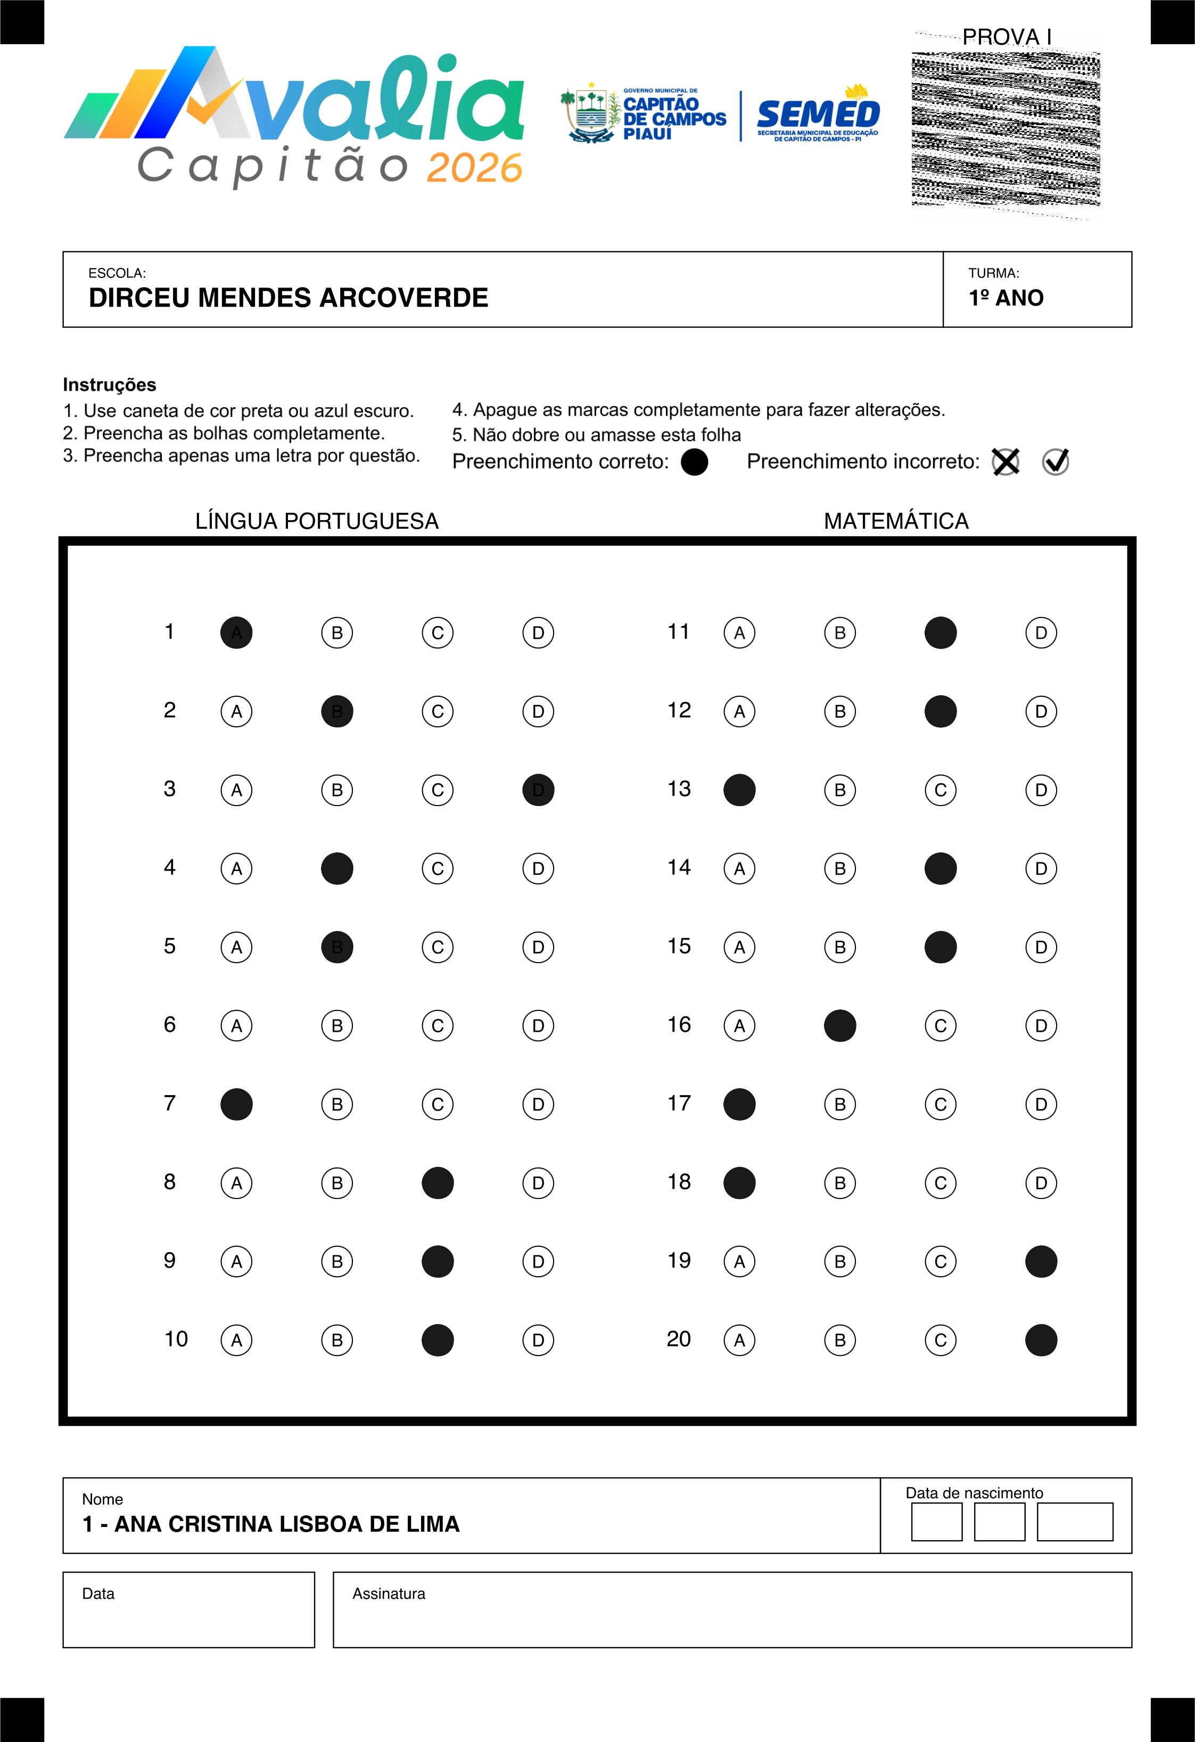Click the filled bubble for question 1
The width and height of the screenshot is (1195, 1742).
click(236, 632)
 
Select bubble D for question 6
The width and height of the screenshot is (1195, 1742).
click(538, 1025)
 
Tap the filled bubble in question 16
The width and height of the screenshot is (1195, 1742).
click(840, 1025)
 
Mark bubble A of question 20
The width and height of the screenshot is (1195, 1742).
click(739, 1340)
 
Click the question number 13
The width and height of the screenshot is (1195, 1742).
click(679, 790)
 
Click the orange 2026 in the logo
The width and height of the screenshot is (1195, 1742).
click(474, 168)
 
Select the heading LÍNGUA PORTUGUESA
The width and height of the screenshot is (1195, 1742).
click(317, 521)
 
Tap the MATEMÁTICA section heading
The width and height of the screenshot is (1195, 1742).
click(896, 521)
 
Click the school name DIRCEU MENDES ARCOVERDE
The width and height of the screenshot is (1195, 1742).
click(289, 298)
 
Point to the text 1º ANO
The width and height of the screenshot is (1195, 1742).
click(1006, 298)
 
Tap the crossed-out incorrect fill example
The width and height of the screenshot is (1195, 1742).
click(1006, 462)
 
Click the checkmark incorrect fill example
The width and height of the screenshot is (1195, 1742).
click(1056, 462)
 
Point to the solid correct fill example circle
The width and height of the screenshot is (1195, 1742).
click(695, 462)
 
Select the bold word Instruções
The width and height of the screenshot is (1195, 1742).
click(109, 384)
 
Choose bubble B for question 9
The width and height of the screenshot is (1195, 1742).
click(337, 1262)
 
